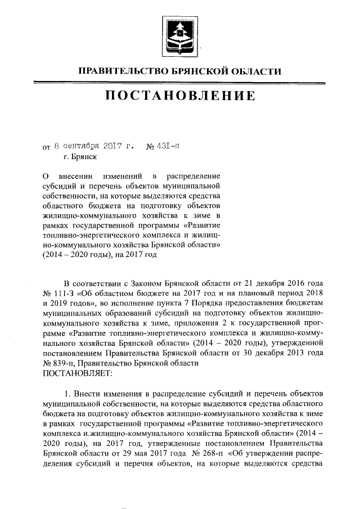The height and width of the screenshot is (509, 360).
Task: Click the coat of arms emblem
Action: click(179, 36)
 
